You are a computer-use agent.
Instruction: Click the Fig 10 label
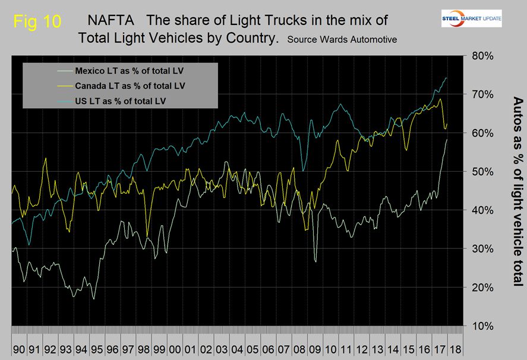pos(36,21)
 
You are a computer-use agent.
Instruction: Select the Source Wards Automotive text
pos(342,39)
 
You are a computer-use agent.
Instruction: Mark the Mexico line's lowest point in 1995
pos(94,299)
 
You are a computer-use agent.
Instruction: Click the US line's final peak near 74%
pos(446,78)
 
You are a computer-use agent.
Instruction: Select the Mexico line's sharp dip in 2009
pos(315,261)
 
